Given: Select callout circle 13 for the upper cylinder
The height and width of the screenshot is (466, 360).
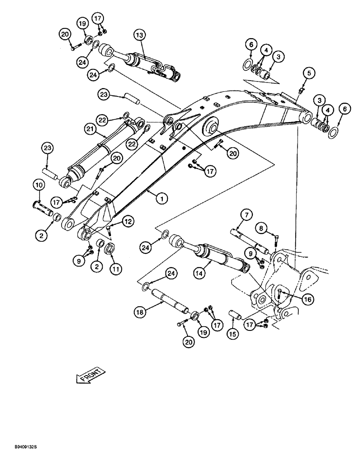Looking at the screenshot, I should click(x=139, y=34).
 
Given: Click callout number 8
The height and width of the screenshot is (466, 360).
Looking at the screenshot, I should click(x=262, y=228).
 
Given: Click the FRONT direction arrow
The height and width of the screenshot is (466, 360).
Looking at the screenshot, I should click(x=89, y=375).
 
